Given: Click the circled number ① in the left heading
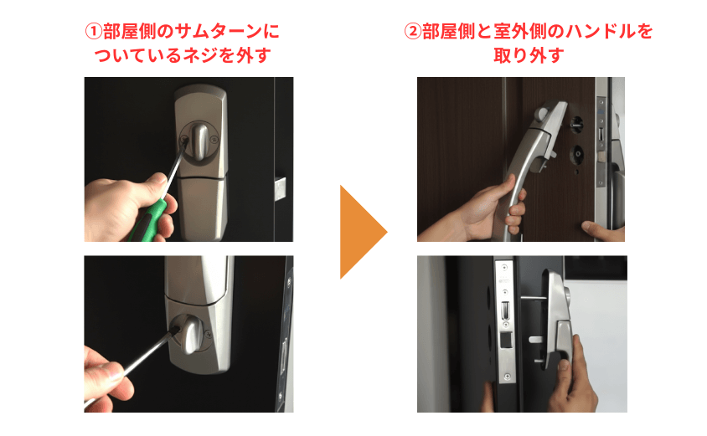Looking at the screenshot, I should point(93,32).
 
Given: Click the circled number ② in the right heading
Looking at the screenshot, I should point(412,32).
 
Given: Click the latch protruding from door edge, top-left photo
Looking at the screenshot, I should point(280,186).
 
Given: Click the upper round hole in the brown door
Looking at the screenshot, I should point(576,126).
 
